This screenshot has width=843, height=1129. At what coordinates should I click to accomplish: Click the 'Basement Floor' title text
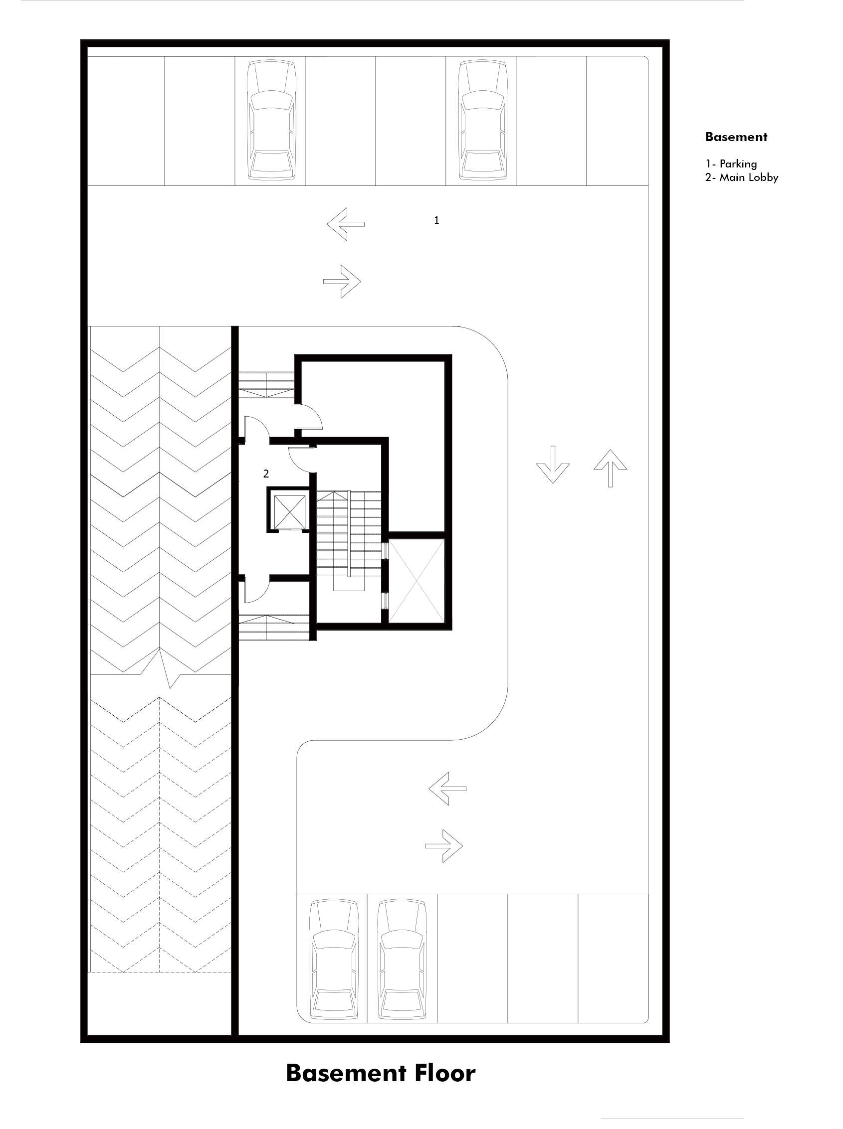coord(380,1073)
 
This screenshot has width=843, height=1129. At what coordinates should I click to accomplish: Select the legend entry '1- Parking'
coord(731,163)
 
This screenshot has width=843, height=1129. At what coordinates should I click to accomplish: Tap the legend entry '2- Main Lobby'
coord(741,177)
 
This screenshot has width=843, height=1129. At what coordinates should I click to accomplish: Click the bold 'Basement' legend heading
coord(736,137)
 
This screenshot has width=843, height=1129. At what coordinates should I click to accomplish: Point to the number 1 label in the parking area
coord(436,220)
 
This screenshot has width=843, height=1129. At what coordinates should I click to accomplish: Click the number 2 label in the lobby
coord(266,474)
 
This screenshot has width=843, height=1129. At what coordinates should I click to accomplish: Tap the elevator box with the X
coord(288,510)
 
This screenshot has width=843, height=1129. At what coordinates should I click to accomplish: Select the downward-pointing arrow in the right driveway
coord(553,464)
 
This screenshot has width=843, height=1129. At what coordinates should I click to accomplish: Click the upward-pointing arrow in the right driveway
coord(611,468)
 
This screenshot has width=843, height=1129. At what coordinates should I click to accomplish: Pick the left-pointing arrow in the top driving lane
coord(346,224)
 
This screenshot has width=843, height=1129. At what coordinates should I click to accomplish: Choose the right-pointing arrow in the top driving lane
coord(342,281)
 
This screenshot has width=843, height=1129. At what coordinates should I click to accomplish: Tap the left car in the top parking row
coord(271,121)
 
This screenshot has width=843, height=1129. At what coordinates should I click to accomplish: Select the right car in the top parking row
coord(483,121)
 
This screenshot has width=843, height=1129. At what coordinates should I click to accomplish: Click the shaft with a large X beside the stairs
coord(417,580)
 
